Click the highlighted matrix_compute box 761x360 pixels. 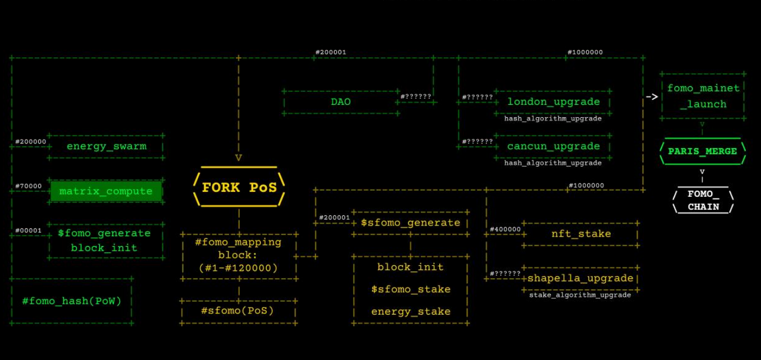tap(106, 191)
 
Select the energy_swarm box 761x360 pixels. tap(106, 146)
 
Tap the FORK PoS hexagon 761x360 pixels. tap(239, 187)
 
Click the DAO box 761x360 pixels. tap(341, 102)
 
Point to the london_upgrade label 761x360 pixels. tap(553, 101)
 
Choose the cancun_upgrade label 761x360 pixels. tap(553, 146)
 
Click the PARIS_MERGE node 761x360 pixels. tap(702, 151)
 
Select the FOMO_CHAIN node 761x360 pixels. tap(703, 200)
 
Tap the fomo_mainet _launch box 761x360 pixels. tap(703, 96)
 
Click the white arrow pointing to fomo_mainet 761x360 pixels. tap(651, 96)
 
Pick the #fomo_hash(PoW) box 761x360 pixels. tap(72, 301)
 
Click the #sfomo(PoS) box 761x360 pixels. tap(238, 310)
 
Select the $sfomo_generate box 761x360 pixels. tap(410, 223)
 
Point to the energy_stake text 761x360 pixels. tap(410, 311)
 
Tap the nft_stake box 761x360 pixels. tap(581, 234)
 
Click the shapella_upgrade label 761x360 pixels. tap(580, 278)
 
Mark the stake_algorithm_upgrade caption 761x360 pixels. tap(580, 295)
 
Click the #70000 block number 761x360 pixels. tap(28, 186)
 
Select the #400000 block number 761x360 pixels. tap(505, 229)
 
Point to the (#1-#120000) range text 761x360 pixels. tap(238, 268)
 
